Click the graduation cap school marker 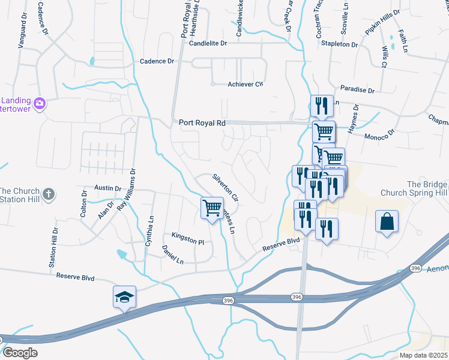(125, 297)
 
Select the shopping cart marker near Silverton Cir (211, 208)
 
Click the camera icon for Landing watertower (40, 103)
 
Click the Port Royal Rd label (202, 122)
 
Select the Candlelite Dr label (208, 44)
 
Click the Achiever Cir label (246, 84)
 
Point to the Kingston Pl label (188, 238)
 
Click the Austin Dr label (108, 188)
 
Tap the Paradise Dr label (357, 89)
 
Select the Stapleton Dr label (339, 44)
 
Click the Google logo (19, 353)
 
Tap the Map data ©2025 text (423, 355)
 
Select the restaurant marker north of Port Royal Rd (322, 107)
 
